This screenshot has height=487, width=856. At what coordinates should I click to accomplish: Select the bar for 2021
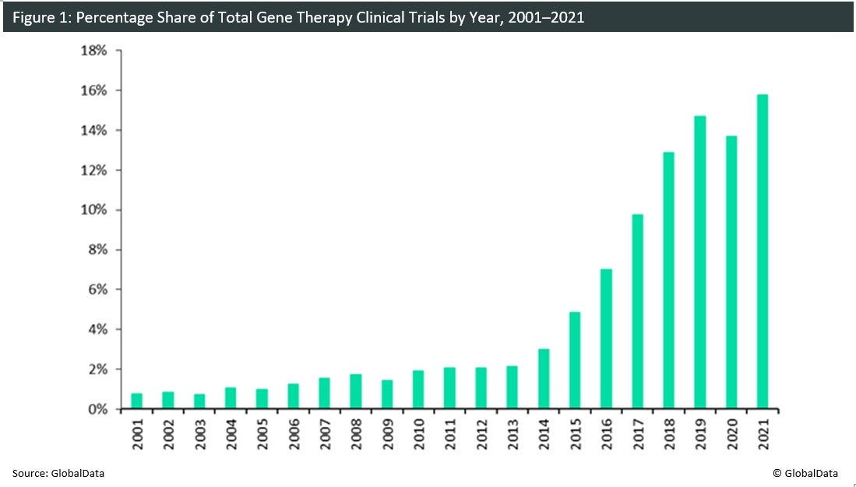pyautogui.click(x=763, y=252)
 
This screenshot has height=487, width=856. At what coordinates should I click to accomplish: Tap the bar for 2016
pyautogui.click(x=606, y=339)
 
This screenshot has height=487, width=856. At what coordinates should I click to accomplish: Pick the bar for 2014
pyautogui.click(x=544, y=379)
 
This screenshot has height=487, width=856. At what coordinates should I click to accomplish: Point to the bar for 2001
pyautogui.click(x=136, y=401)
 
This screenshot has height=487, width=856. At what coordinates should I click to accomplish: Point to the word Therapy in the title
pyautogui.click(x=301, y=16)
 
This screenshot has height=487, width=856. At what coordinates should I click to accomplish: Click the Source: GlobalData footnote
pyautogui.click(x=58, y=472)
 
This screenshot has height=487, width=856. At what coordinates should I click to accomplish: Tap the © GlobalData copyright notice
pyautogui.click(x=805, y=472)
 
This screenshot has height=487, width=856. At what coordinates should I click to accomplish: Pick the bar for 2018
pyautogui.click(x=669, y=281)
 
